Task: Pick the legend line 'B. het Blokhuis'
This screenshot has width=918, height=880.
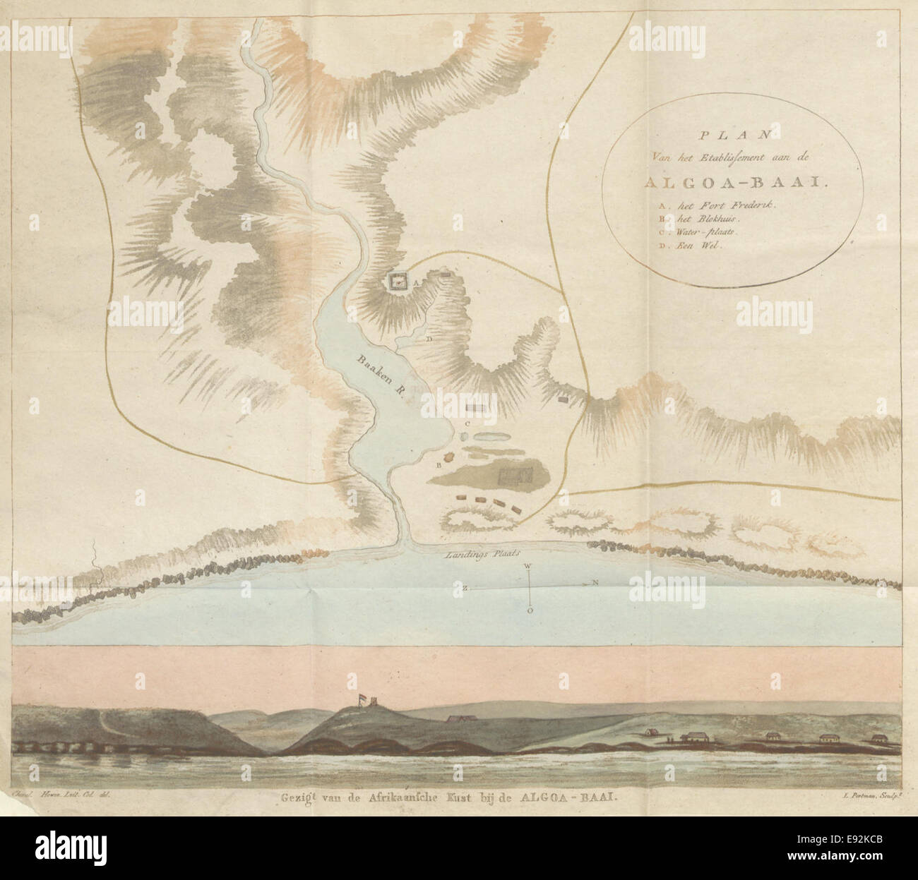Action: tap(681, 219)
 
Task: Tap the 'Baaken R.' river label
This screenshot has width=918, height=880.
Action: tap(381, 377)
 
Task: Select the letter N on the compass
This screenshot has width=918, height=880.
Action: tap(595, 584)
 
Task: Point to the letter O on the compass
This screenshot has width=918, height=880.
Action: tap(530, 612)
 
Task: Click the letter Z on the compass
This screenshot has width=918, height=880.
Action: tap(466, 586)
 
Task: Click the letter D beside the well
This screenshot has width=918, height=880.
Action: tap(429, 339)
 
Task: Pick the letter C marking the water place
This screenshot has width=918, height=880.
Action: tap(468, 424)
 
